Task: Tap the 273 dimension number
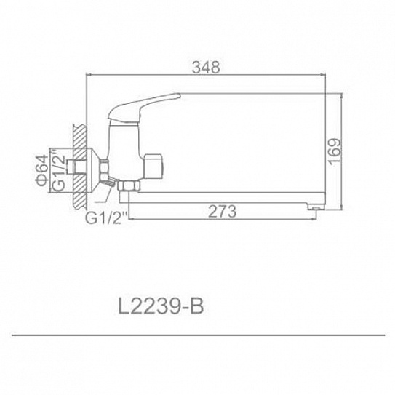coord(221,212)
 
